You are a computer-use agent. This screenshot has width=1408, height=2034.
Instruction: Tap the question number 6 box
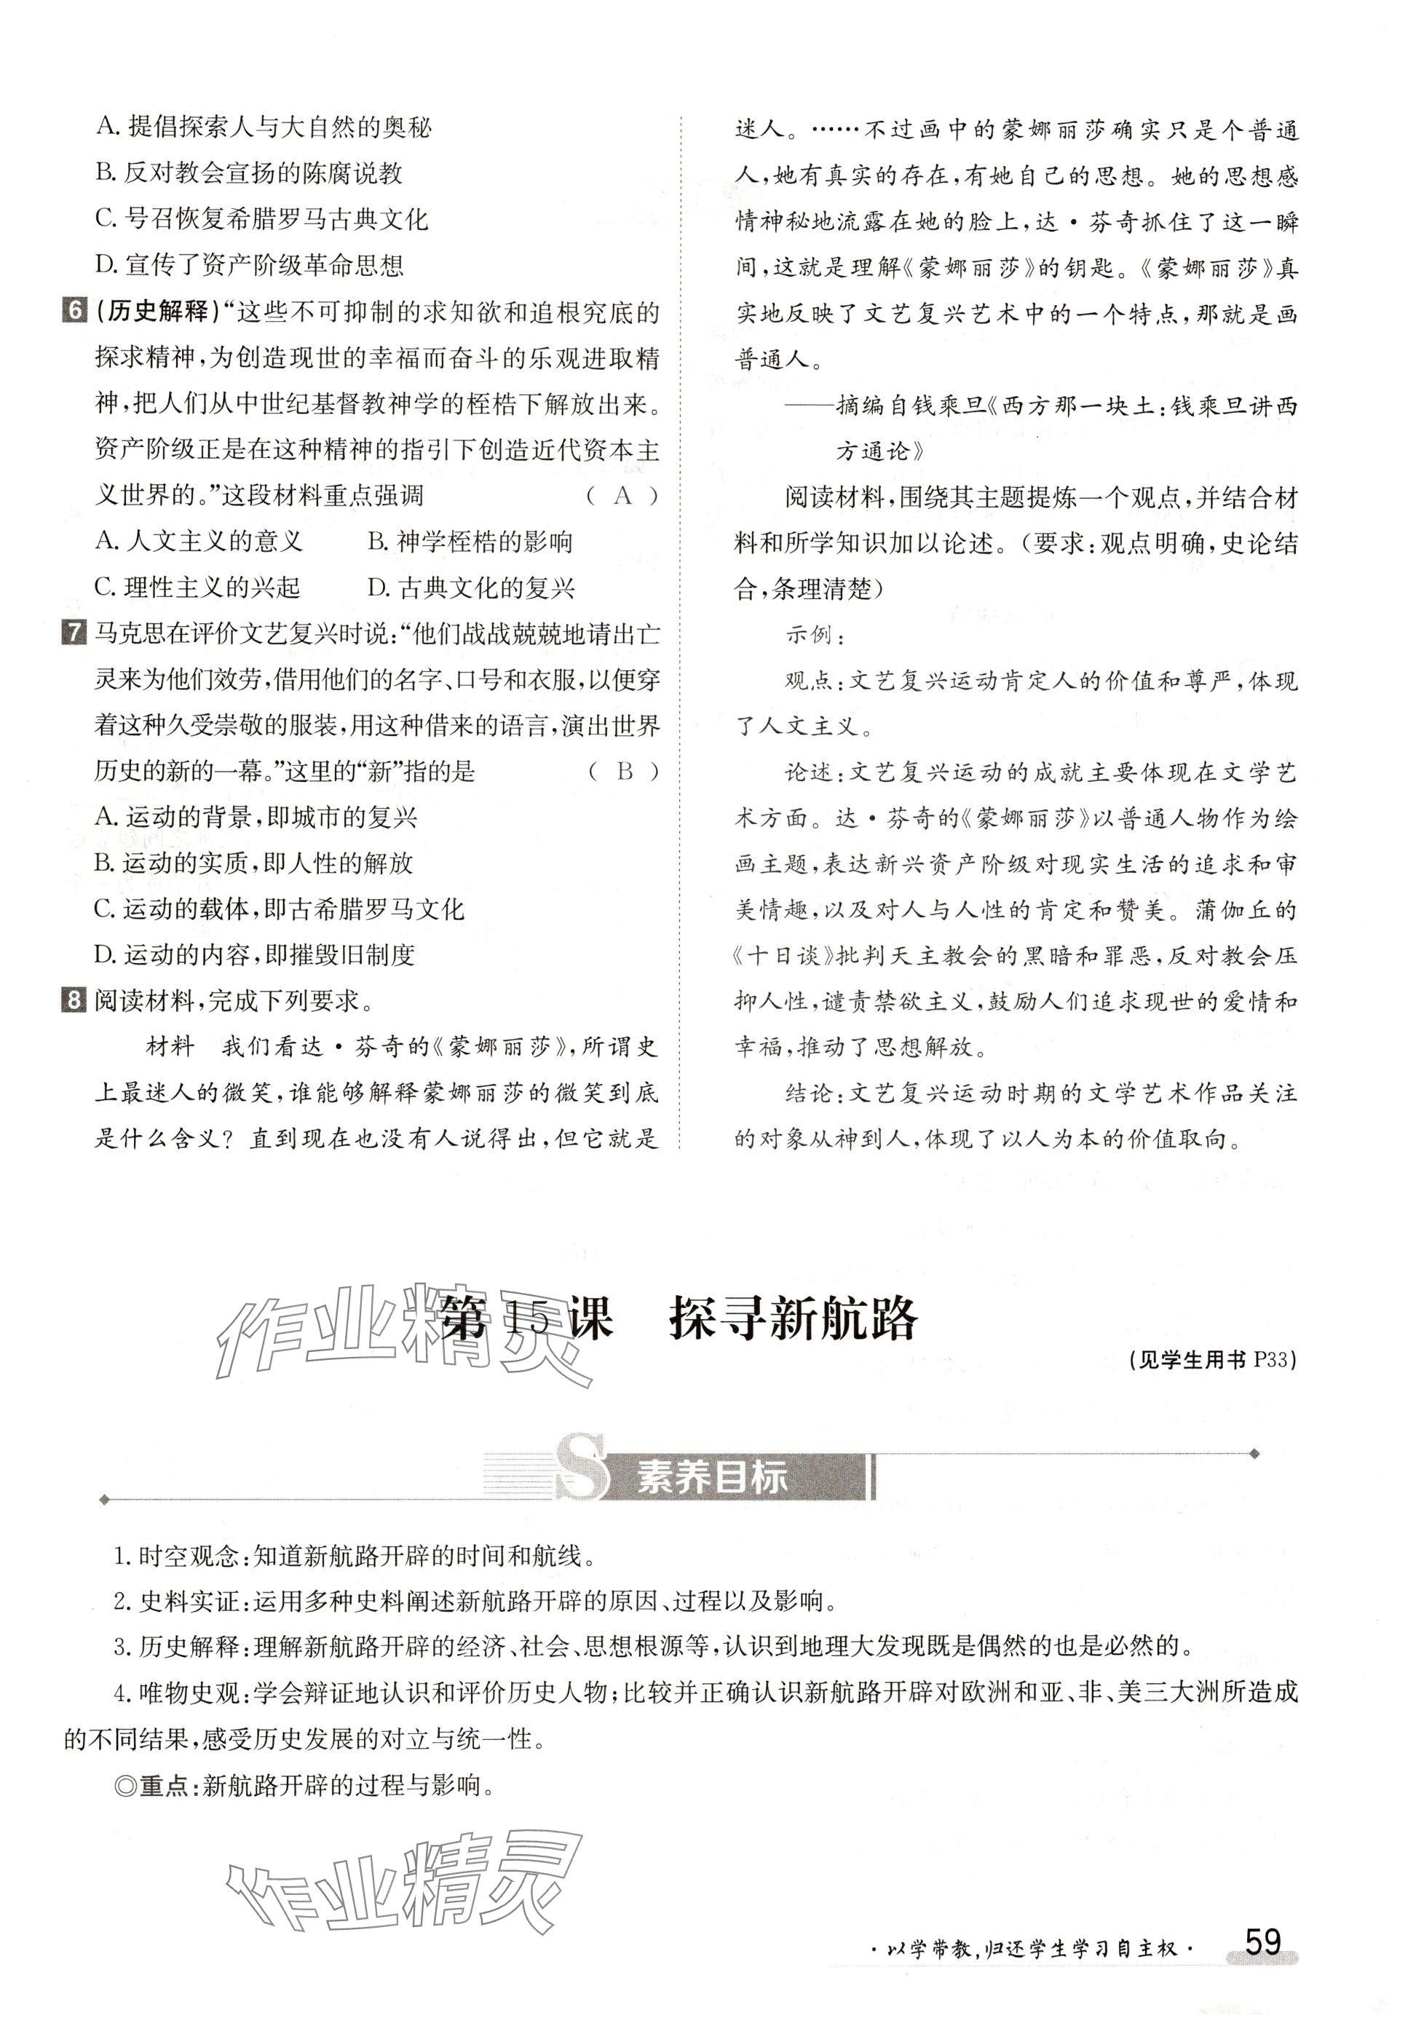(74, 312)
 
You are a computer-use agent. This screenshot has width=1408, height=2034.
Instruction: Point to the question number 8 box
(74, 1000)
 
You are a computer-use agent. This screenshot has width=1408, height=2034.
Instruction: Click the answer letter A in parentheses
(623, 496)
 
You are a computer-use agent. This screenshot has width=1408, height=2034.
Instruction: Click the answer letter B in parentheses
(625, 772)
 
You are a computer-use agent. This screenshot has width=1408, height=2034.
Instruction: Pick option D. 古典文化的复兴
(471, 587)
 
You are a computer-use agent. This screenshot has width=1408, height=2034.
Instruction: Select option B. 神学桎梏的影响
(470, 542)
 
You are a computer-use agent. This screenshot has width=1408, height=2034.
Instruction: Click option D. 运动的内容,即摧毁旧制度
(254, 954)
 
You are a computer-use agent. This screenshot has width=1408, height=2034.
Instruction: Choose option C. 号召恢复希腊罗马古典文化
(261, 218)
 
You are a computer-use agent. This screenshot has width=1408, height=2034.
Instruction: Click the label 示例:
(815, 635)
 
